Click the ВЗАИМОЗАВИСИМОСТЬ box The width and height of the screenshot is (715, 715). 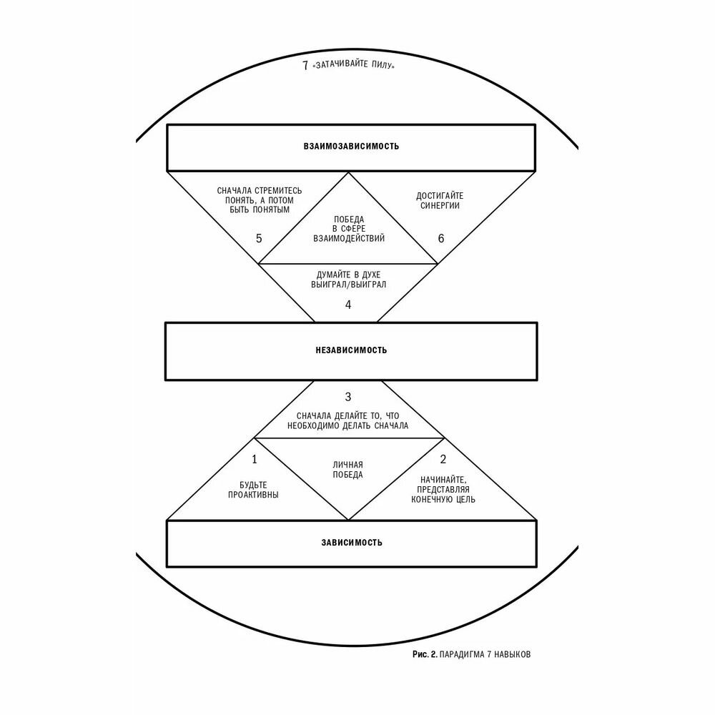tap(351, 147)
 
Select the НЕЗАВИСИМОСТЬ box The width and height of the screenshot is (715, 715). tap(351, 350)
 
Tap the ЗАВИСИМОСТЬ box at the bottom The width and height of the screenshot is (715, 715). tap(351, 542)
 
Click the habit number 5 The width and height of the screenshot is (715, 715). tap(259, 238)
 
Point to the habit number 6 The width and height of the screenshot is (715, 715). tap(440, 238)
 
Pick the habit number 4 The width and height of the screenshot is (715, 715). tap(348, 305)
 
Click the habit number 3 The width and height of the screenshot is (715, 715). tap(348, 397)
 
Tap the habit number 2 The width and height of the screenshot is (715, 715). tap(443, 459)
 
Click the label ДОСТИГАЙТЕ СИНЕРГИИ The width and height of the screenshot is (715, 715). tap(438, 200)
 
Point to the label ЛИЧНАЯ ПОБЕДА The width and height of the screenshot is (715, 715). tap(348, 469)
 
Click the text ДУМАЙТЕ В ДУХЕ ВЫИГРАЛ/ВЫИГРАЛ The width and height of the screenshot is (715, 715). tap(348, 279)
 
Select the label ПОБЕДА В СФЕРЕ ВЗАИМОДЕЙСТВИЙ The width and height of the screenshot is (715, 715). tap(348, 229)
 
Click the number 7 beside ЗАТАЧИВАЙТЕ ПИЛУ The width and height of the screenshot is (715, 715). tap(305, 66)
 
